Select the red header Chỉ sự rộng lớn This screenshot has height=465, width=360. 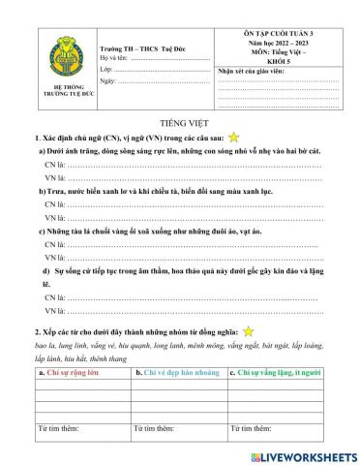pyautogui.click(x=68, y=371)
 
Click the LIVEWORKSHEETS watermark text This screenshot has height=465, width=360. pyautogui.click(x=308, y=454)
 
